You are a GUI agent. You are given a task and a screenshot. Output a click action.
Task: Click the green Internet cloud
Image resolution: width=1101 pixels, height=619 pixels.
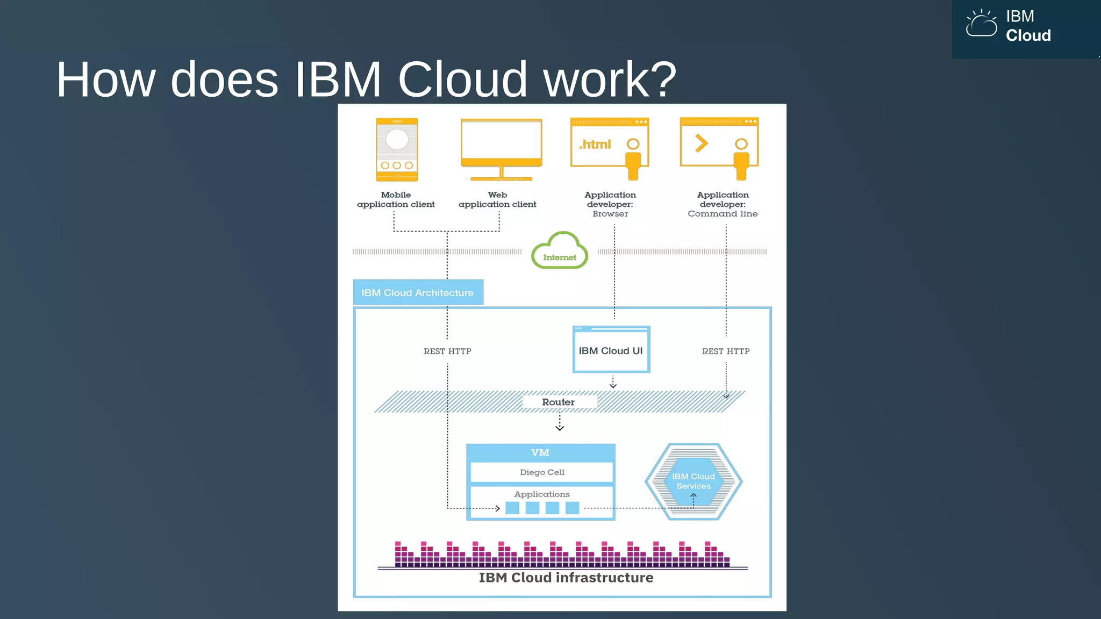click(x=559, y=251)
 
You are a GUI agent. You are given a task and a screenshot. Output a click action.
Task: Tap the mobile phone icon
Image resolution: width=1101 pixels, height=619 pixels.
click(x=397, y=149)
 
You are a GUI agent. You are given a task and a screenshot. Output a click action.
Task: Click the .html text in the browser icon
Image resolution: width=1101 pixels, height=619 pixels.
click(x=595, y=144)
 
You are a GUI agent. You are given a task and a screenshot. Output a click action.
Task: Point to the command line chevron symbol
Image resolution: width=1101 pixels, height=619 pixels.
click(x=701, y=143)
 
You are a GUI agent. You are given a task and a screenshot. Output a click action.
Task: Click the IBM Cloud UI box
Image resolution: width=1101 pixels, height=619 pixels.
click(x=611, y=350)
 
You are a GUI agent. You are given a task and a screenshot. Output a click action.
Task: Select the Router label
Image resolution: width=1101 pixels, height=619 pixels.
click(x=558, y=402)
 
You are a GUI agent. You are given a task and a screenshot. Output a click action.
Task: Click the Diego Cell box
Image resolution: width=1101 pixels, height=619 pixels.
click(x=541, y=472)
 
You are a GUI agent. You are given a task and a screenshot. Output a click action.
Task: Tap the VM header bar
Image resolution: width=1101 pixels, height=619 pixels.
click(x=540, y=452)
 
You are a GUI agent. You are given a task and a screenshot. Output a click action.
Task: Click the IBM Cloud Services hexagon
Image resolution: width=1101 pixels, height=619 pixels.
click(x=694, y=481)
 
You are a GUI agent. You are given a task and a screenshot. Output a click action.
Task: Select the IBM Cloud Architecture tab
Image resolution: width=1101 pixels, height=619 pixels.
click(x=418, y=293)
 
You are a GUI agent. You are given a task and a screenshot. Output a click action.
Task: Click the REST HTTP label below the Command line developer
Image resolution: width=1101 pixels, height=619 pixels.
click(x=725, y=351)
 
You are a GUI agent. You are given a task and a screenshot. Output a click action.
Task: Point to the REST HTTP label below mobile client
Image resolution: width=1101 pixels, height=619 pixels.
click(x=447, y=351)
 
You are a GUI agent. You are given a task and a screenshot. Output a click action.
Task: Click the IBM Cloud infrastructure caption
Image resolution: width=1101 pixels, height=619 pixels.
click(x=566, y=578)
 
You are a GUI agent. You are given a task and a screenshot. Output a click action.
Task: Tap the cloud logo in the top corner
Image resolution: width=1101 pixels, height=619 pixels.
click(x=981, y=24)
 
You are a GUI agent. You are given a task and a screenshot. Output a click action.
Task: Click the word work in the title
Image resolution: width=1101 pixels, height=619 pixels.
click(x=609, y=80)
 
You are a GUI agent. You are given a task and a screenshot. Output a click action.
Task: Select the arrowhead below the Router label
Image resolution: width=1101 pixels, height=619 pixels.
click(x=560, y=428)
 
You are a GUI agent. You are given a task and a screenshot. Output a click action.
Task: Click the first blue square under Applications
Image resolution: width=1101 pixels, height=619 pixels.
click(x=512, y=508)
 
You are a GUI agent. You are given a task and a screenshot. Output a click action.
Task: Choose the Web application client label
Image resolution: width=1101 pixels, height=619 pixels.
click(x=497, y=199)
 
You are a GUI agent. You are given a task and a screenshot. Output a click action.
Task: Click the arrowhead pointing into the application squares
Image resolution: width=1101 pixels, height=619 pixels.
click(x=497, y=508)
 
